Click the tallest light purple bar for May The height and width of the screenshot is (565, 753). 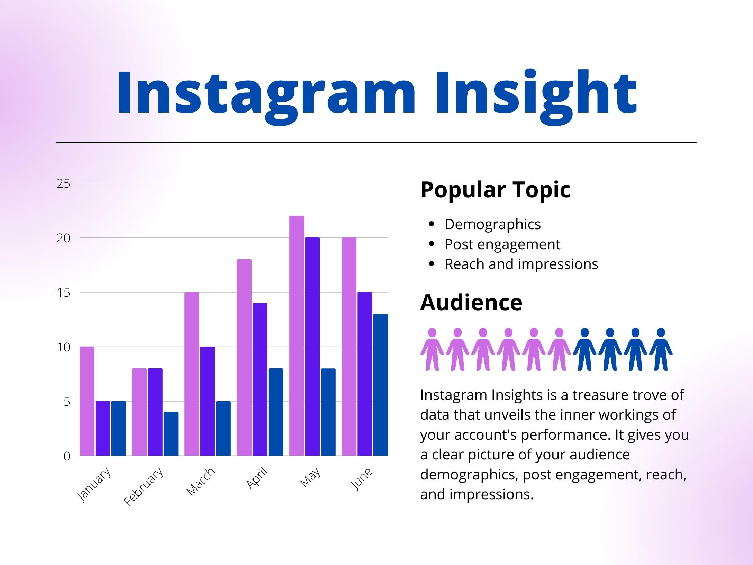297,336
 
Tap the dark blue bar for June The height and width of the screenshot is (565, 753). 380,385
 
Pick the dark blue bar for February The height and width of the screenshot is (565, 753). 171,434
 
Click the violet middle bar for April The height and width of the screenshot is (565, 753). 260,379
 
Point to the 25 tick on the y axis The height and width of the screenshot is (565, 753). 63,183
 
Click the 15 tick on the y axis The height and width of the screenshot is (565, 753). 63,293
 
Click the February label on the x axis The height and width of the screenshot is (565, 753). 144,486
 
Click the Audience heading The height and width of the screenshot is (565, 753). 471,302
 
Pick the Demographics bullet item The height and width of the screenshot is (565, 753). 492,224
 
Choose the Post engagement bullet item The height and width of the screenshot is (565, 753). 502,244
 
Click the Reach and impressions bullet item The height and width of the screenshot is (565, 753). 521,264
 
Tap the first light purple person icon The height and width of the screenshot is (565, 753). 432,349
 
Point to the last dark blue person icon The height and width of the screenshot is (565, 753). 661,349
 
